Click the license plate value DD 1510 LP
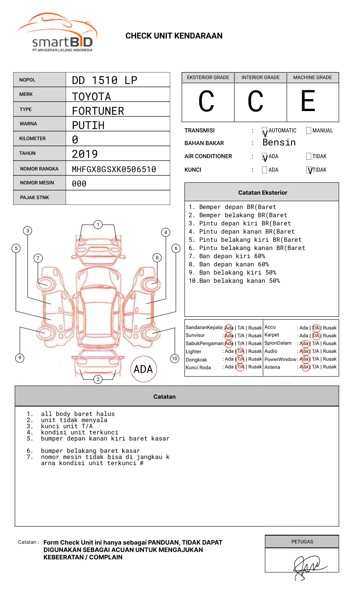click(105, 80)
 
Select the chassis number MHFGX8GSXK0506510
click(114, 169)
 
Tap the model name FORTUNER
click(98, 111)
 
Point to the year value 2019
click(84, 154)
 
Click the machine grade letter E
click(308, 102)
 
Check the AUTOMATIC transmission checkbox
click(264, 131)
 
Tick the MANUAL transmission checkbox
click(309, 131)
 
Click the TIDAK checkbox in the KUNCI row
click(309, 170)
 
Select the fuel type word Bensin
click(279, 143)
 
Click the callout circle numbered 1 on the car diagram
click(98, 225)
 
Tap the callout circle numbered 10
click(175, 359)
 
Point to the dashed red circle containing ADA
click(143, 369)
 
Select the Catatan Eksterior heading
click(262, 193)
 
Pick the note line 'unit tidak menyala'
click(74, 420)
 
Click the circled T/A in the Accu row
click(316, 328)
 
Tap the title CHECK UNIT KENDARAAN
click(174, 36)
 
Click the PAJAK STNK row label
click(34, 198)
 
